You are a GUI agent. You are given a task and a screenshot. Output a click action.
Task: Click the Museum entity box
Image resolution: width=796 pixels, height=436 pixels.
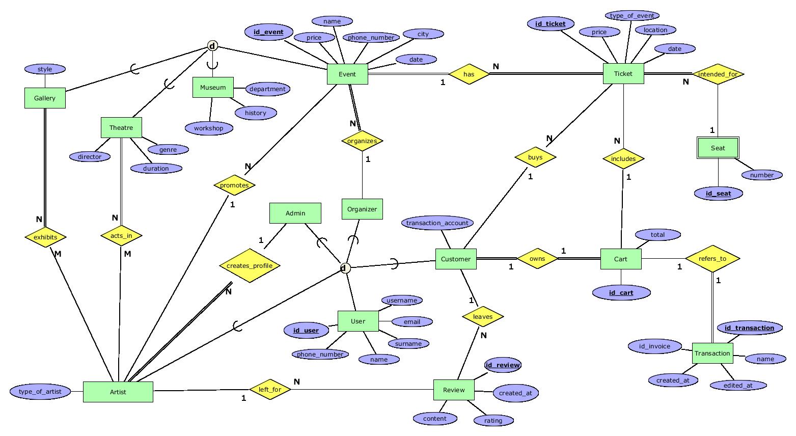tap(213, 87)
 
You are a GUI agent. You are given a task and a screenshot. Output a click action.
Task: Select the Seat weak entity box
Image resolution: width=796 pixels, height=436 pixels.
tap(718, 148)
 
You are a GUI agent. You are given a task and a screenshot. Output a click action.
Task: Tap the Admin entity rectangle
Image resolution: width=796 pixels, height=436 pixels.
tap(295, 213)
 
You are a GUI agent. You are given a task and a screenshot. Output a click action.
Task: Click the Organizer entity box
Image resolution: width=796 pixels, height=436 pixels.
tap(362, 209)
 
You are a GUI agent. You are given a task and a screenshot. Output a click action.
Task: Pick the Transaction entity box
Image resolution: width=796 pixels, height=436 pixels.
tap(712, 353)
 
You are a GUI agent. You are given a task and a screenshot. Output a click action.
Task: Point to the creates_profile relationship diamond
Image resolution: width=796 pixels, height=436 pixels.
tap(250, 265)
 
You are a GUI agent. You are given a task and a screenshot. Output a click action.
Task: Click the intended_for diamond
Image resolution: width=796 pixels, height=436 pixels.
tap(718, 74)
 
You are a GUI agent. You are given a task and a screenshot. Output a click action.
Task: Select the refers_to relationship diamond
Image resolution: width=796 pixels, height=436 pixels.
tap(712, 259)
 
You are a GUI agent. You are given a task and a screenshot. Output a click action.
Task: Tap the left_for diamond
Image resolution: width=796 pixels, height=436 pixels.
tap(270, 390)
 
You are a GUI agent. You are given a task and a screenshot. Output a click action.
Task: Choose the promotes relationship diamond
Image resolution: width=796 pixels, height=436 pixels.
tap(234, 185)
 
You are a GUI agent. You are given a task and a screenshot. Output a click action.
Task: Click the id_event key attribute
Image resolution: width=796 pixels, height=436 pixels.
tap(268, 32)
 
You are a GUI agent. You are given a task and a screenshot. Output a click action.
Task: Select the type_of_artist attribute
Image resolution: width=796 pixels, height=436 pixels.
tap(40, 391)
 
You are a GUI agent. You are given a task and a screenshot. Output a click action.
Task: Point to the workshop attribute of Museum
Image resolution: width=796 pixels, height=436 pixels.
tap(208, 128)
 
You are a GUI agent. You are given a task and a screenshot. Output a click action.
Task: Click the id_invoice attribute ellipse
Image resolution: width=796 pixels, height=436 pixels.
tap(655, 346)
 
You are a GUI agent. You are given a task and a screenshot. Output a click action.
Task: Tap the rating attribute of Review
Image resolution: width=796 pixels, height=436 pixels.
tap(493, 420)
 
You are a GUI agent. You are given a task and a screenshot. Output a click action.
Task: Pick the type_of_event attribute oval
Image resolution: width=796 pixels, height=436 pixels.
tap(632, 16)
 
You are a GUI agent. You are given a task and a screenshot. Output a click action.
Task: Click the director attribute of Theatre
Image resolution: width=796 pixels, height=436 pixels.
tap(90, 156)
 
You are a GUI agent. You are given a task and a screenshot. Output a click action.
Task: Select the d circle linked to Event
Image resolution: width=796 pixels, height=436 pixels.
tap(212, 46)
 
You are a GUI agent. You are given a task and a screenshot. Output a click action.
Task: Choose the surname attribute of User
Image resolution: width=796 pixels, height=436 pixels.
tap(408, 343)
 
